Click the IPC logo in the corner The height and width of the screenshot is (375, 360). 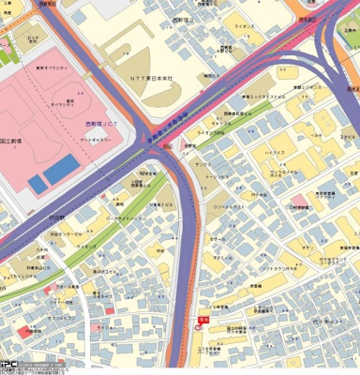coord(9,366)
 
